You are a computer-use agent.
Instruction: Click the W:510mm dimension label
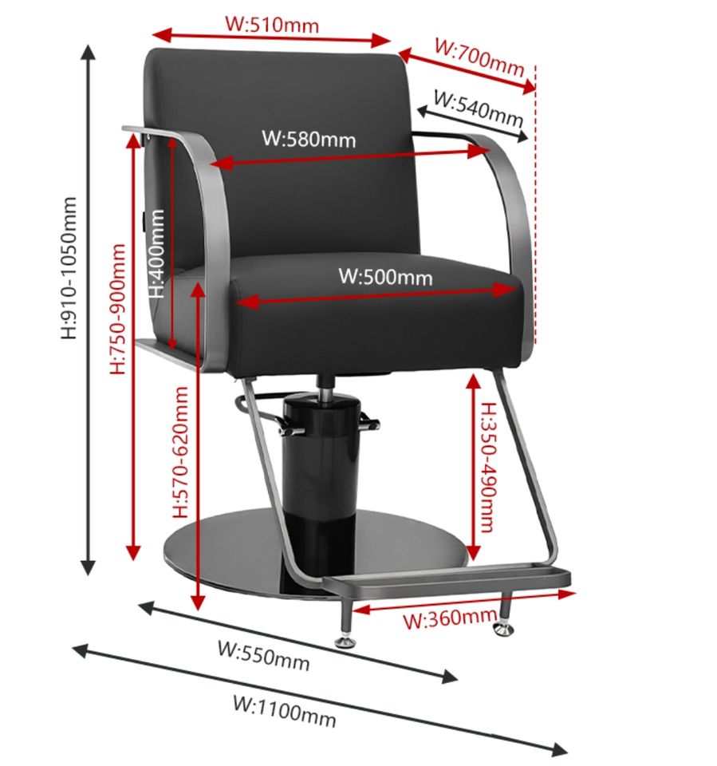(272, 23)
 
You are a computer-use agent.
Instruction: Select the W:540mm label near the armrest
(478, 108)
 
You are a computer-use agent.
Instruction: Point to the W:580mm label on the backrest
(309, 139)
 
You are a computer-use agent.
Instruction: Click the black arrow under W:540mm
(471, 124)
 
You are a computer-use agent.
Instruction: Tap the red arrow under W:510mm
(271, 38)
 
